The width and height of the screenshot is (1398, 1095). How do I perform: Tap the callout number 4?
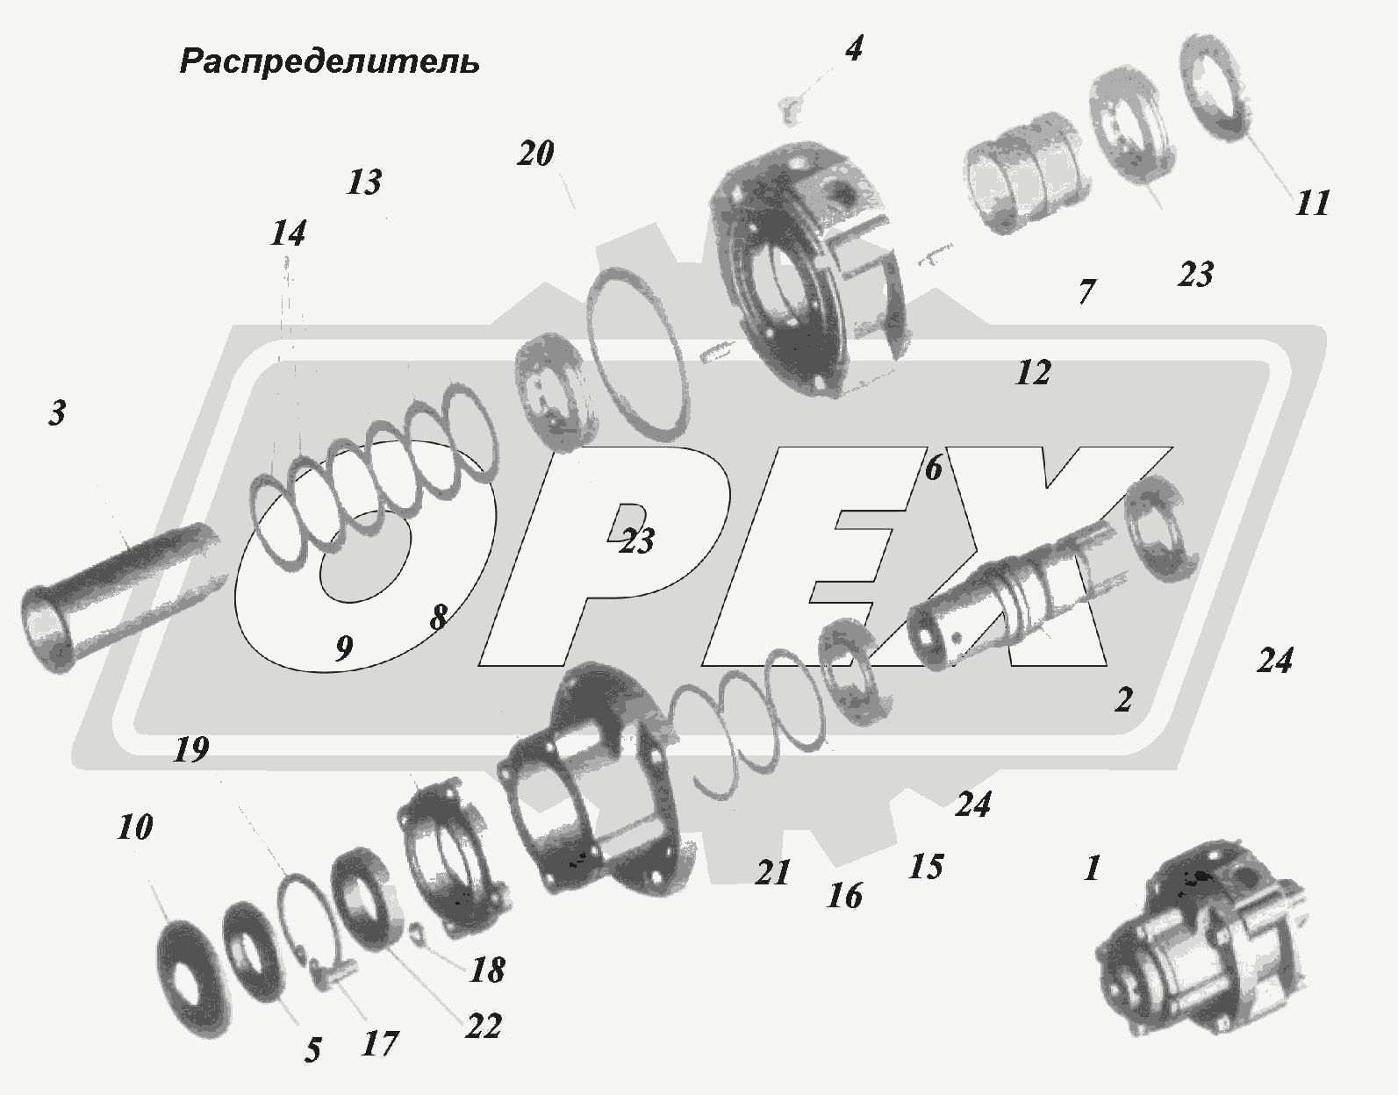tap(854, 48)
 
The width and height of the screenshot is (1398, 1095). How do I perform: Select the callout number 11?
tap(1312, 204)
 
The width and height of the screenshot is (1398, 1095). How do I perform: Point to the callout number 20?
tap(535, 154)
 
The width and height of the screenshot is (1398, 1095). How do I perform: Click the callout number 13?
tap(364, 182)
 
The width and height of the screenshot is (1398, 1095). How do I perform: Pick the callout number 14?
tap(288, 233)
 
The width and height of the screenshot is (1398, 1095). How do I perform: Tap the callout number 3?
tap(57, 412)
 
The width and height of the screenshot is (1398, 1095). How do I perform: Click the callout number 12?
tap(1033, 372)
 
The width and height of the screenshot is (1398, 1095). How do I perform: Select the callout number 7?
tap(1086, 292)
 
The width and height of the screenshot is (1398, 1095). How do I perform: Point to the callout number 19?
tap(191, 749)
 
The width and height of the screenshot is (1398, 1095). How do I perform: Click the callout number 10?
tap(134, 827)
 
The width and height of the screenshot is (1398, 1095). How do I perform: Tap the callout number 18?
tap(487, 970)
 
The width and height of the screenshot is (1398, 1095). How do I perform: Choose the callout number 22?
tap(484, 1027)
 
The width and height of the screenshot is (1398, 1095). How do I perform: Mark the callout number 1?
tap(1092, 868)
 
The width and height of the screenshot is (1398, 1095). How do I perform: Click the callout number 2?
tap(1123, 699)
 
